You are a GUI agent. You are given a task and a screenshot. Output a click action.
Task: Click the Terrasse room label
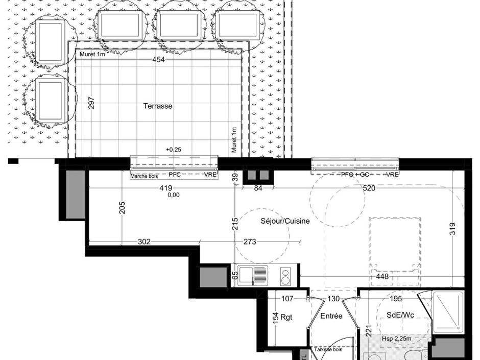pos(157,106)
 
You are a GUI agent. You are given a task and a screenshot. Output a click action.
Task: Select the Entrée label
pos(331,317)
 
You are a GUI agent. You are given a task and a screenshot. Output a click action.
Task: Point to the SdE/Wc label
pos(399,316)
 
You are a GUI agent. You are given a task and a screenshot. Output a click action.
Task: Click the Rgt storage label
pos(286,317)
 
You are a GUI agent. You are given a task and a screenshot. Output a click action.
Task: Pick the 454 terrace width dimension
pos(159,60)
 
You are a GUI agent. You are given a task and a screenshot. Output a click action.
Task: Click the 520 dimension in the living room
pos(369,188)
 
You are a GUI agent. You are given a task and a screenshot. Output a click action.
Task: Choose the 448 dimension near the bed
pos(382,277)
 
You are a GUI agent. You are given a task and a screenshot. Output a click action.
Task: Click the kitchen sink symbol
pos(253,276)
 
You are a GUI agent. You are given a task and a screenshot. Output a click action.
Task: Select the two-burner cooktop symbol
pos(285,276)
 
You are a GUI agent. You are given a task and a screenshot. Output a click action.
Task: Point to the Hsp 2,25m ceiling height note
pos(398,339)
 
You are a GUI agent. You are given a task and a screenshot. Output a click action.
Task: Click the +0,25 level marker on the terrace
pos(173,149)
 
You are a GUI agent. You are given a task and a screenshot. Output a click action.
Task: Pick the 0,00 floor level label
pos(173,195)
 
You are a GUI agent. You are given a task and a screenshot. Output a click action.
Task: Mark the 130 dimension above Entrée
pos(333,299)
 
